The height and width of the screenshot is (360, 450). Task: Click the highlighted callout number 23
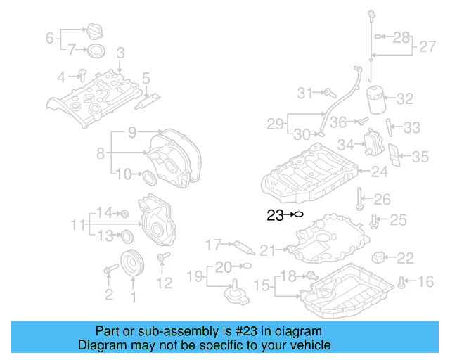pos(275,216)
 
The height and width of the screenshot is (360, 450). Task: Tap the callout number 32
pos(406,99)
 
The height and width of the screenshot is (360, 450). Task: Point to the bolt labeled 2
pos(110,269)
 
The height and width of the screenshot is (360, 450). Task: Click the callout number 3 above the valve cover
pos(120,52)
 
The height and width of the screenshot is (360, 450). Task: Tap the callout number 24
pos(379,171)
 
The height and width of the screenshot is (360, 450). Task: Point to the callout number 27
pos(427,47)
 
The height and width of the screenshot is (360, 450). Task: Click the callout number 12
pos(164,283)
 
